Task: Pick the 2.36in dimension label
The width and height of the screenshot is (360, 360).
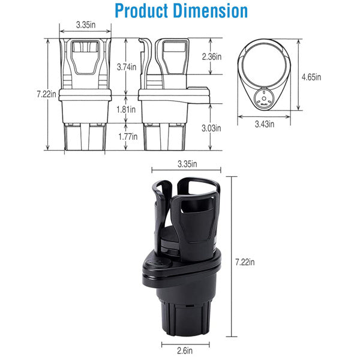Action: [211, 56]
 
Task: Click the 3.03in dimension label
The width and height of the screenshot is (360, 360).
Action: [211, 128]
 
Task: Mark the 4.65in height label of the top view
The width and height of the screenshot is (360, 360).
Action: [311, 77]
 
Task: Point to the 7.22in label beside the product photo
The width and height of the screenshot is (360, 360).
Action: [244, 262]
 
